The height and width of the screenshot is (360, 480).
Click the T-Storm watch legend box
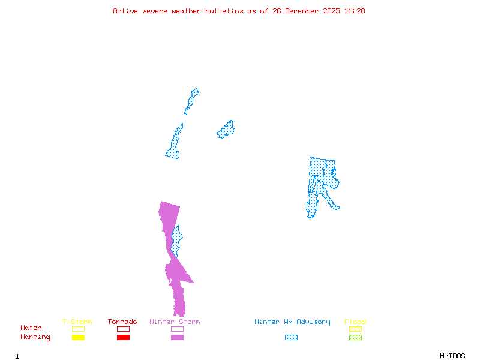pyautogui.click(x=78, y=329)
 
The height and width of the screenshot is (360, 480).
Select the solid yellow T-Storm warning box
pyautogui.click(x=78, y=338)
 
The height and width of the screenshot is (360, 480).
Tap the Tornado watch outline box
pyautogui.click(x=123, y=329)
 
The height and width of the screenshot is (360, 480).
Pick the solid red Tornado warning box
pyautogui.click(x=123, y=338)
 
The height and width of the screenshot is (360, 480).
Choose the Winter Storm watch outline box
pyautogui.click(x=177, y=329)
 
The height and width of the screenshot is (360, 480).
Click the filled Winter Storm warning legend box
pyautogui.click(x=177, y=338)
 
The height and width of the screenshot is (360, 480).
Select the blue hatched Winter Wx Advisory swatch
pyautogui.click(x=291, y=338)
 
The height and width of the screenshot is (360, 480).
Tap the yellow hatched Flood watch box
pyautogui.click(x=355, y=329)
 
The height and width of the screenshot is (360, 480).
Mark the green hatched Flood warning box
pyautogui.click(x=355, y=338)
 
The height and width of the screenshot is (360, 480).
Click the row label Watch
pyautogui.click(x=31, y=328)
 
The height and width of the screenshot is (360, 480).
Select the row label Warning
pyautogui.click(x=35, y=337)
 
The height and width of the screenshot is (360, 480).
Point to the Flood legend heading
pyautogui.click(x=355, y=322)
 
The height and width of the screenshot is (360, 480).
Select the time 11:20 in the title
pyautogui.click(x=356, y=11)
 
